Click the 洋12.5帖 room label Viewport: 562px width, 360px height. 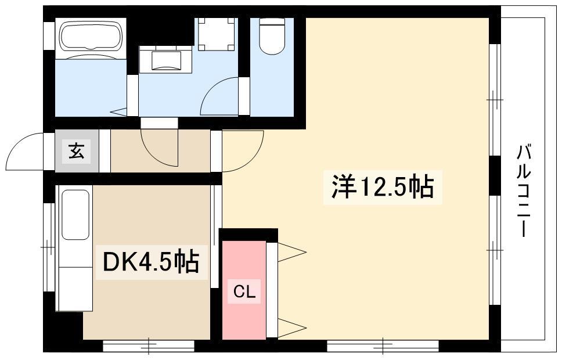(383, 186)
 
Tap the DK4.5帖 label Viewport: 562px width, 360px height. (151, 262)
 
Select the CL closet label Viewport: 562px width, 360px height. (244, 292)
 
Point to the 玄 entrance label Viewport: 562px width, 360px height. (76, 150)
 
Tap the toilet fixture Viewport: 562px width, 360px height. (272, 36)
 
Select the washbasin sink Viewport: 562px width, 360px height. (166, 60)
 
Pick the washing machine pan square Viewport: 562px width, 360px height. (217, 34)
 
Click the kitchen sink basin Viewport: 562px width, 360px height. (75, 214)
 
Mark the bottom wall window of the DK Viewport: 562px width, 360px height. (149, 346)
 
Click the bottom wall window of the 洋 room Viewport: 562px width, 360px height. (383, 346)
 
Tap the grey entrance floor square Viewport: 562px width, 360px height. (77, 150)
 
